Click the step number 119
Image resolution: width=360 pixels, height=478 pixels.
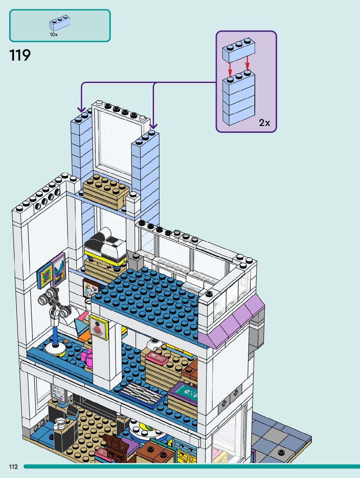click(x=20, y=55)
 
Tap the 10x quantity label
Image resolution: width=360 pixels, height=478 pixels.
click(x=53, y=34)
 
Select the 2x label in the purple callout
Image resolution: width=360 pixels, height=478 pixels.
click(x=264, y=123)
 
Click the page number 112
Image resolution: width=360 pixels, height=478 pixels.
click(x=13, y=467)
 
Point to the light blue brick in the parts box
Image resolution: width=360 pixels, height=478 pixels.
click(x=60, y=23)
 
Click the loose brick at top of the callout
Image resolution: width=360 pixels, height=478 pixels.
click(x=239, y=50)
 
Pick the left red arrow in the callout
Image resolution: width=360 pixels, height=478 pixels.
click(x=230, y=69)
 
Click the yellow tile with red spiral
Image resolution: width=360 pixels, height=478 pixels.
click(x=99, y=327)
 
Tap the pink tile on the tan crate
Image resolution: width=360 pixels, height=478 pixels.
click(x=157, y=358)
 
